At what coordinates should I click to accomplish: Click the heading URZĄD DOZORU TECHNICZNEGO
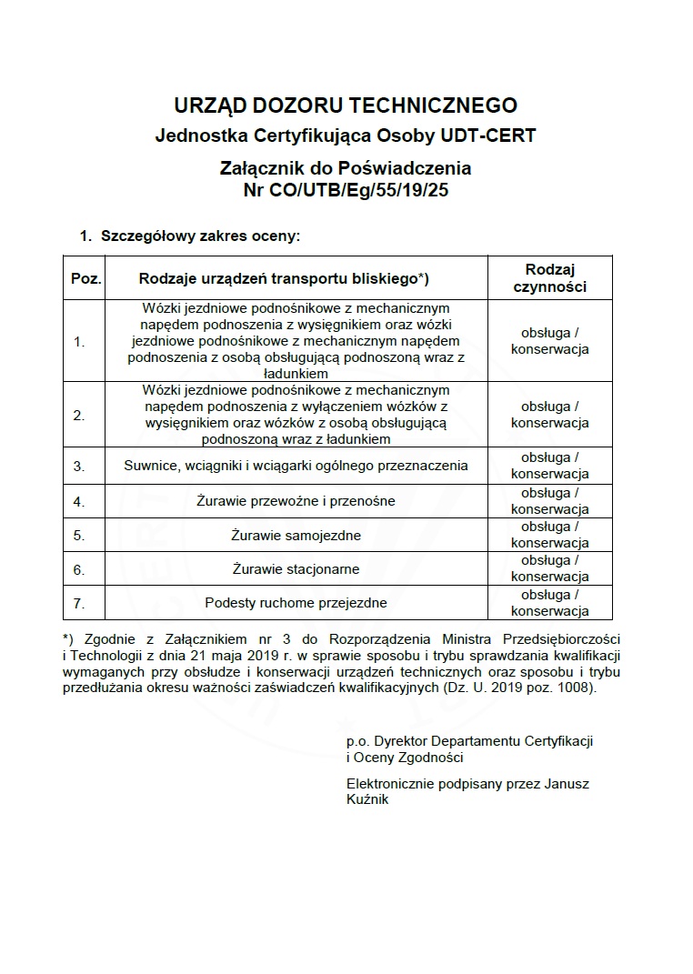(x=346, y=105)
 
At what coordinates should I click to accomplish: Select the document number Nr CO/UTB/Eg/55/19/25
(x=346, y=190)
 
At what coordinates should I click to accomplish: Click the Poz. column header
(x=85, y=277)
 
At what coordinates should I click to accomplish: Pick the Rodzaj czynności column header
(x=549, y=277)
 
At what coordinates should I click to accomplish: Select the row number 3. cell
(x=79, y=466)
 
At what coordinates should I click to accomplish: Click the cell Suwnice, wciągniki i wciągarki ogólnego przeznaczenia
(x=296, y=466)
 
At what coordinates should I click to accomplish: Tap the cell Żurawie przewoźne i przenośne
(x=295, y=500)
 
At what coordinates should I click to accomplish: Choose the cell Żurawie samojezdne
(x=296, y=535)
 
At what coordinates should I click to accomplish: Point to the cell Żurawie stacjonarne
(x=296, y=569)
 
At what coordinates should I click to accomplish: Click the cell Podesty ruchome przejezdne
(x=296, y=603)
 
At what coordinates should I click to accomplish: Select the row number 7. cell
(x=79, y=603)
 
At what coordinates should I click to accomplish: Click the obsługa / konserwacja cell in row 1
(x=549, y=341)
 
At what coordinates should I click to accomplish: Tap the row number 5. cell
(x=79, y=535)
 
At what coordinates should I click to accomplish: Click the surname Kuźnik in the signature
(x=367, y=799)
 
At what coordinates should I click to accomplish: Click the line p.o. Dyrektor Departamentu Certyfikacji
(x=469, y=741)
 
